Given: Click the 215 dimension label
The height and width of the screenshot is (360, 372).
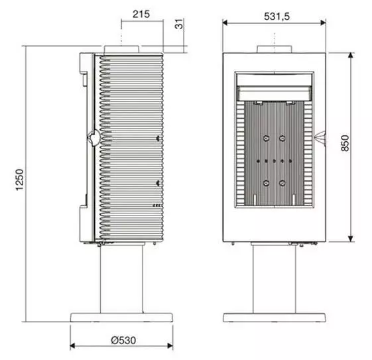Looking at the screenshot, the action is [x=141, y=14].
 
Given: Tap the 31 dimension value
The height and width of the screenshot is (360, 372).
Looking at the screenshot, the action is [x=179, y=24].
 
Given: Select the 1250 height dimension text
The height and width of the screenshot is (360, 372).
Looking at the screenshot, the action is [x=19, y=180].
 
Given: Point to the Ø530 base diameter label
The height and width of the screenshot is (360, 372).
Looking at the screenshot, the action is [x=123, y=340].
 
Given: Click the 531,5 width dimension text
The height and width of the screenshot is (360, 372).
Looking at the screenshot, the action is [x=277, y=17].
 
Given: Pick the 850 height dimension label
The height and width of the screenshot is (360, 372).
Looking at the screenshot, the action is [x=345, y=143].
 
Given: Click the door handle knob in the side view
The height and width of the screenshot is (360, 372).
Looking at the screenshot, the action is [x=93, y=137].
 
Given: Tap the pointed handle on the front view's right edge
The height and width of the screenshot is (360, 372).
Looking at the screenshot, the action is [x=320, y=137].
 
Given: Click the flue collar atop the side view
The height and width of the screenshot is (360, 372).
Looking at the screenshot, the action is [x=122, y=49].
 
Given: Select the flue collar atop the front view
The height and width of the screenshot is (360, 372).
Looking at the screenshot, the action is [x=275, y=49].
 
